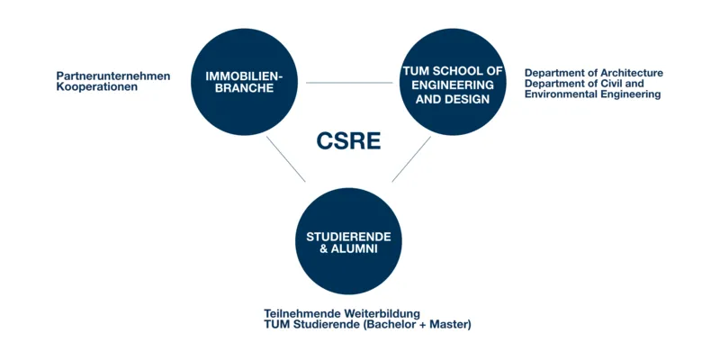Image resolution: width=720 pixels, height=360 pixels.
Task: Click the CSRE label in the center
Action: [348, 141]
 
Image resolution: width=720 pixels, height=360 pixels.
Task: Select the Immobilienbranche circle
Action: [244, 82]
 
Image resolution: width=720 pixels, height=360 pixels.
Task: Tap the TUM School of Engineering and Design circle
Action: [453, 82]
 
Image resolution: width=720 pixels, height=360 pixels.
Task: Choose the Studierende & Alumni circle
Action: [348, 241]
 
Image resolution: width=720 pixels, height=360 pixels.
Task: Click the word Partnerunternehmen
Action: [113, 76]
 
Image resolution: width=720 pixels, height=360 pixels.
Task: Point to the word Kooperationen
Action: [97, 86]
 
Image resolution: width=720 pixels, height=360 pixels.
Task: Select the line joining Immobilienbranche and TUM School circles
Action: [349, 83]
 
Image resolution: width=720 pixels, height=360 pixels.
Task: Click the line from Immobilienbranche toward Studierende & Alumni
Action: [285, 159]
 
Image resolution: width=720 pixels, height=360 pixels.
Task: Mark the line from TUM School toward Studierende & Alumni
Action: [411, 159]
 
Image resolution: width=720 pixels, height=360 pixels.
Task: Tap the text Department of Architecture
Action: [594, 73]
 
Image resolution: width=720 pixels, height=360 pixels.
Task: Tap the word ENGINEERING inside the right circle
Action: [453, 85]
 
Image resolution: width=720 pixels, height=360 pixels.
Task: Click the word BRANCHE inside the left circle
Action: [244, 88]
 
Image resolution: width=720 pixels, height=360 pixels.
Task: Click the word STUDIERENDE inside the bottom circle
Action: [348, 237]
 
